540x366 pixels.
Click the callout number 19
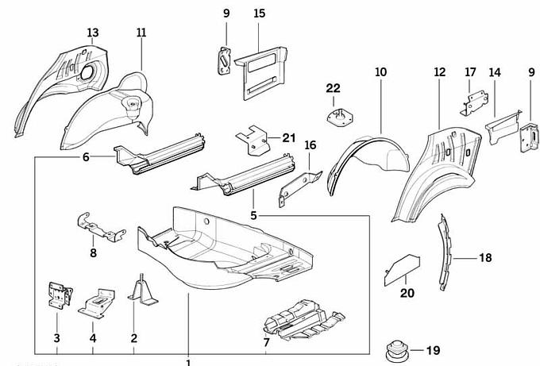coord(434,349)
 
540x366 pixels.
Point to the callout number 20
coord(407,294)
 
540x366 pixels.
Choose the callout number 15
coord(260,13)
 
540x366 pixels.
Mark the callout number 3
coord(57,339)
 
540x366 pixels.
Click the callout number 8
coord(93,253)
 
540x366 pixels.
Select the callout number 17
coord(470,72)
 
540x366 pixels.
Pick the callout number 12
coord(439,72)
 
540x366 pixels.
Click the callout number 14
coord(495,72)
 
